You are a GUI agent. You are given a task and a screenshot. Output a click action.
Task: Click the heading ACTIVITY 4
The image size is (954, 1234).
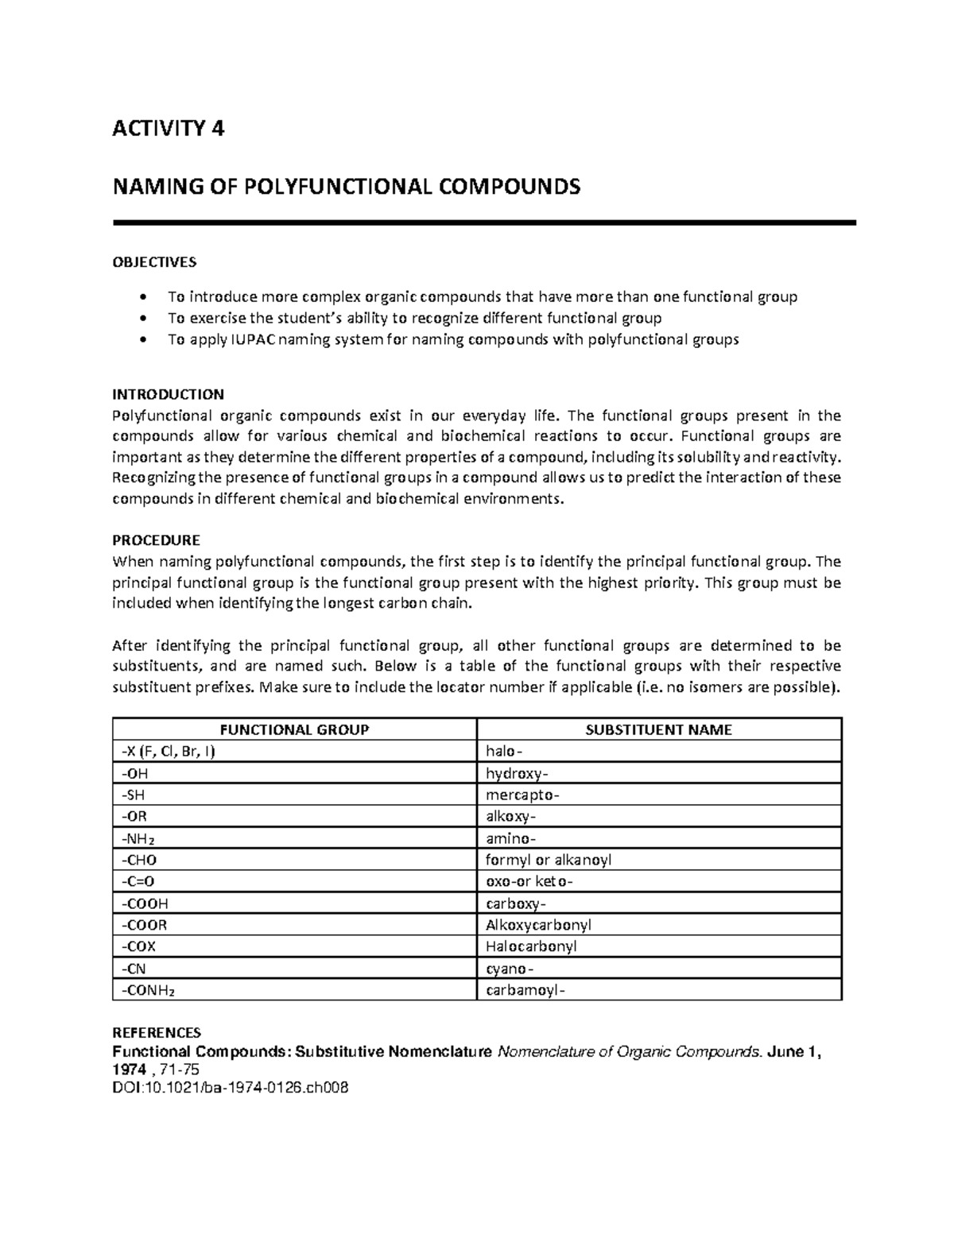tap(169, 128)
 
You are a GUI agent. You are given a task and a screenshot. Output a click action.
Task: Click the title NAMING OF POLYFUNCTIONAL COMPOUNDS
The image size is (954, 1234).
tap(347, 188)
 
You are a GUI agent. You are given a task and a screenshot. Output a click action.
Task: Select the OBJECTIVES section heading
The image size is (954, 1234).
tap(154, 262)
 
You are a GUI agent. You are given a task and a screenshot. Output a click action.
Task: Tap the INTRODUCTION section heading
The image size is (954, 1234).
tap(168, 394)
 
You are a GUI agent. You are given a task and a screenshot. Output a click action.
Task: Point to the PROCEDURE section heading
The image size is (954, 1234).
tap(156, 540)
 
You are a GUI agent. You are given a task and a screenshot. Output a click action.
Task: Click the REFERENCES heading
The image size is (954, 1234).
tap(156, 1032)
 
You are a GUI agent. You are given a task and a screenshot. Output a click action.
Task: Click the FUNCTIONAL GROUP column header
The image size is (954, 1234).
tap(294, 729)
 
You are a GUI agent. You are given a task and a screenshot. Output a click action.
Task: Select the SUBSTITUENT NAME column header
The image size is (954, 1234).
tap(658, 729)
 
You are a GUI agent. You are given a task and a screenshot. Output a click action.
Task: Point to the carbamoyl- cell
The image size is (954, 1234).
tap(526, 990)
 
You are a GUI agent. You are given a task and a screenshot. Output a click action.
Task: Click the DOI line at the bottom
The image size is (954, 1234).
tap(231, 1089)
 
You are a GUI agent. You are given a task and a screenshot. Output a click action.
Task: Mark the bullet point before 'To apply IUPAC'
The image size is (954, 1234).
tap(142, 340)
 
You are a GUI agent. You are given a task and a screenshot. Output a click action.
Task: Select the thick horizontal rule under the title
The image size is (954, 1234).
tap(484, 223)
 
